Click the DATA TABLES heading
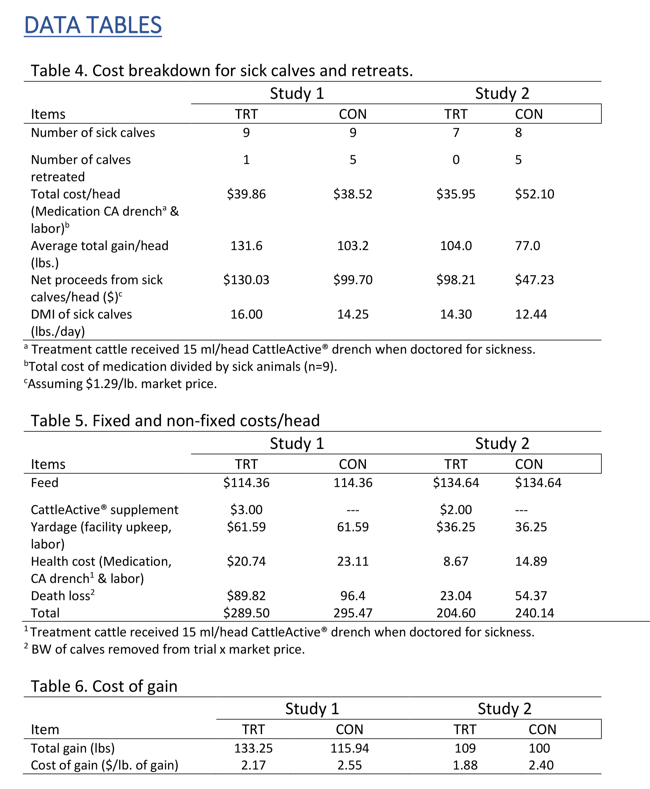93,25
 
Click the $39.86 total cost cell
246,194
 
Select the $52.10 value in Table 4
534,194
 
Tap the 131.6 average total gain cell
246,246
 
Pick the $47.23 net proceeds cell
534,280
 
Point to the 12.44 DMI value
531,314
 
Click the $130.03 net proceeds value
246,280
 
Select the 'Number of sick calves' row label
93,132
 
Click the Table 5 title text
175,421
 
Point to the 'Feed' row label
45,483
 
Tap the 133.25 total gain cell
253,748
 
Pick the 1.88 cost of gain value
465,765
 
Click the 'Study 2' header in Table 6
504,708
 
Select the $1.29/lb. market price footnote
120,384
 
